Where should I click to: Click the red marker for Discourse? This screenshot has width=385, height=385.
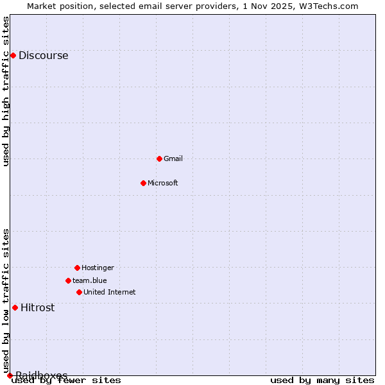(x=13, y=55)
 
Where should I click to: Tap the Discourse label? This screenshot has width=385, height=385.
(x=43, y=55)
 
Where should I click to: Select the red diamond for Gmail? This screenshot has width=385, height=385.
(x=159, y=158)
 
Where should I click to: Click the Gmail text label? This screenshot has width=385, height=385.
(x=173, y=158)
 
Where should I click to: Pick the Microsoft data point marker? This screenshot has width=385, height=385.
(x=143, y=183)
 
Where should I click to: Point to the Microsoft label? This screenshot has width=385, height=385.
(x=163, y=183)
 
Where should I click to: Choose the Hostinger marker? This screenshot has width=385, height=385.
(x=77, y=268)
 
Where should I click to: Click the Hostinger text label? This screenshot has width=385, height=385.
(x=98, y=268)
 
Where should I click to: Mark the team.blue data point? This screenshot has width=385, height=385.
(x=68, y=280)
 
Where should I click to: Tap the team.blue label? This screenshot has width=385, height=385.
(x=90, y=280)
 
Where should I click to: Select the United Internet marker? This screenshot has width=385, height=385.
(x=79, y=292)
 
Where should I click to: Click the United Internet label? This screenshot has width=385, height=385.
(x=110, y=292)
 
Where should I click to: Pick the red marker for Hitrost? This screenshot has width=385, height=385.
(x=15, y=307)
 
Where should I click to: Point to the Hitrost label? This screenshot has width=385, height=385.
(x=38, y=307)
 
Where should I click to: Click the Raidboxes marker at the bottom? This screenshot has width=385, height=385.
(x=10, y=375)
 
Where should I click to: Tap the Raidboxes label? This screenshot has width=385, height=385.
(x=42, y=375)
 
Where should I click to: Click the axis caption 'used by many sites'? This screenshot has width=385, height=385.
(x=322, y=381)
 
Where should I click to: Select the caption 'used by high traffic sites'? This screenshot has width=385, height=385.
(x=6, y=91)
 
